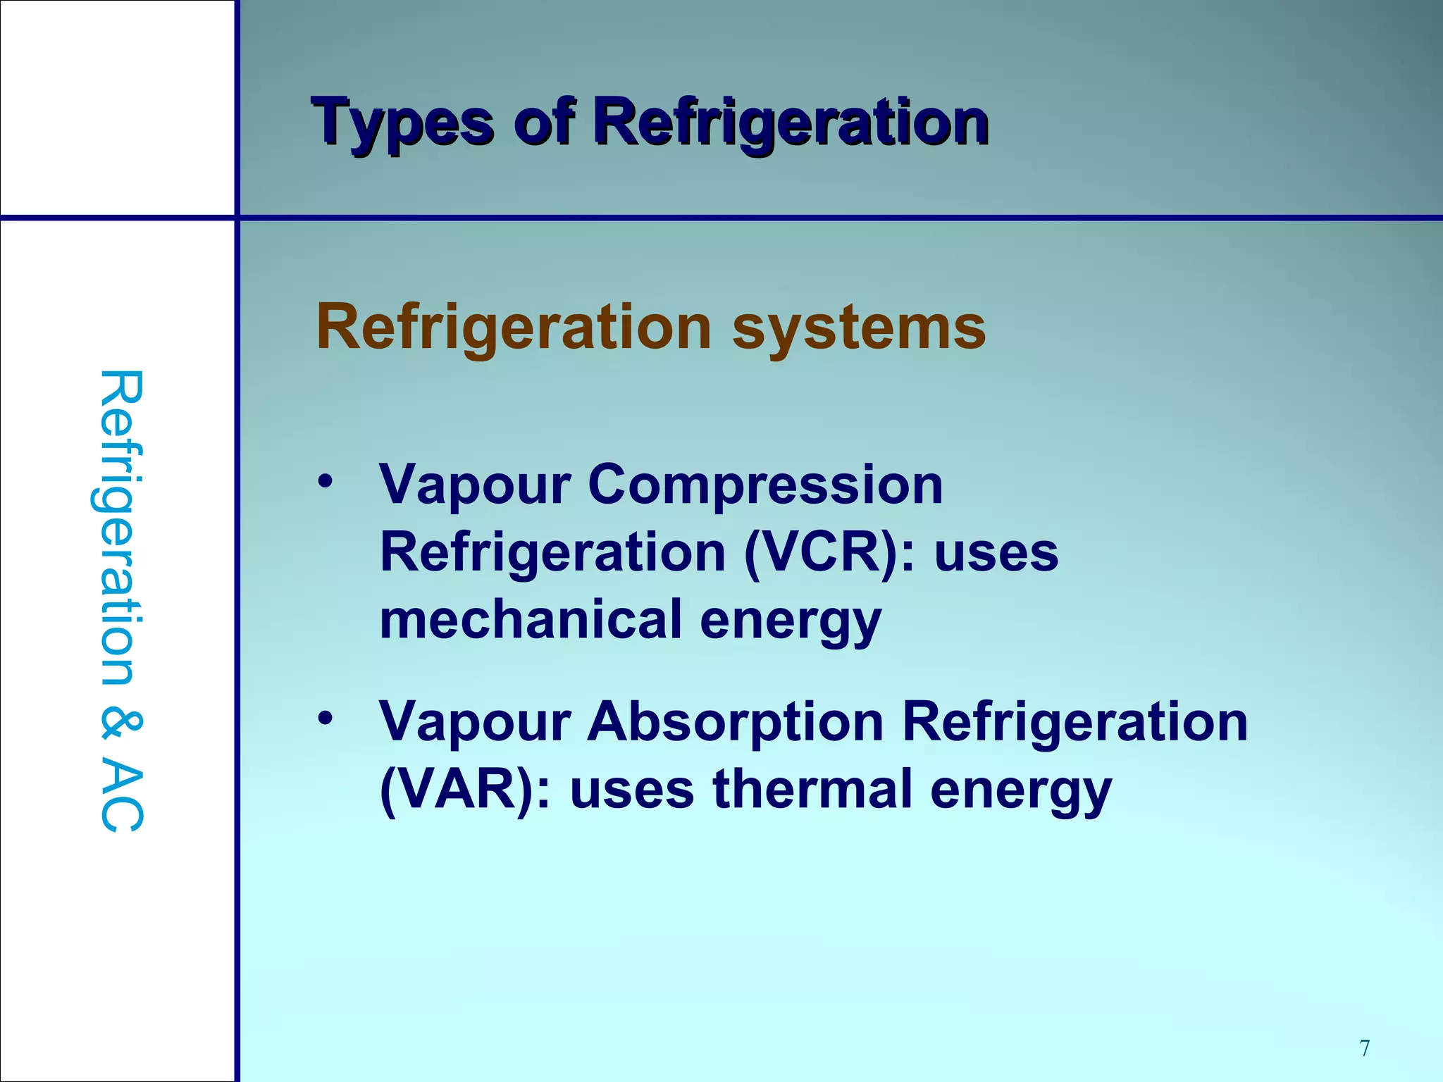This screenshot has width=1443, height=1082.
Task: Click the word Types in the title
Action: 402,123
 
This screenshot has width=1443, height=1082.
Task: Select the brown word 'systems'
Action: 859,327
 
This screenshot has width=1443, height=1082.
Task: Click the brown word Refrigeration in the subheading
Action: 514,327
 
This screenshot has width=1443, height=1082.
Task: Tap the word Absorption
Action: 736,721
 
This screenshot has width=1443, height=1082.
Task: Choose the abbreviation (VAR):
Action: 465,790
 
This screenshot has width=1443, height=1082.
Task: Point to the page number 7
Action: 1365,1047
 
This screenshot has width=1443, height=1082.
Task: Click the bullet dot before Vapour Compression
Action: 325,483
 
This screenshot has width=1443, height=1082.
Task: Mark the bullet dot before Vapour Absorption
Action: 325,719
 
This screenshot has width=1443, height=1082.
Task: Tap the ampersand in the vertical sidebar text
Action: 121,726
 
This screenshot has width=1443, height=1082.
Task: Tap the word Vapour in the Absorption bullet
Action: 475,721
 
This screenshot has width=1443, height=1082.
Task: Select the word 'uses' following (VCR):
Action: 996,553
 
